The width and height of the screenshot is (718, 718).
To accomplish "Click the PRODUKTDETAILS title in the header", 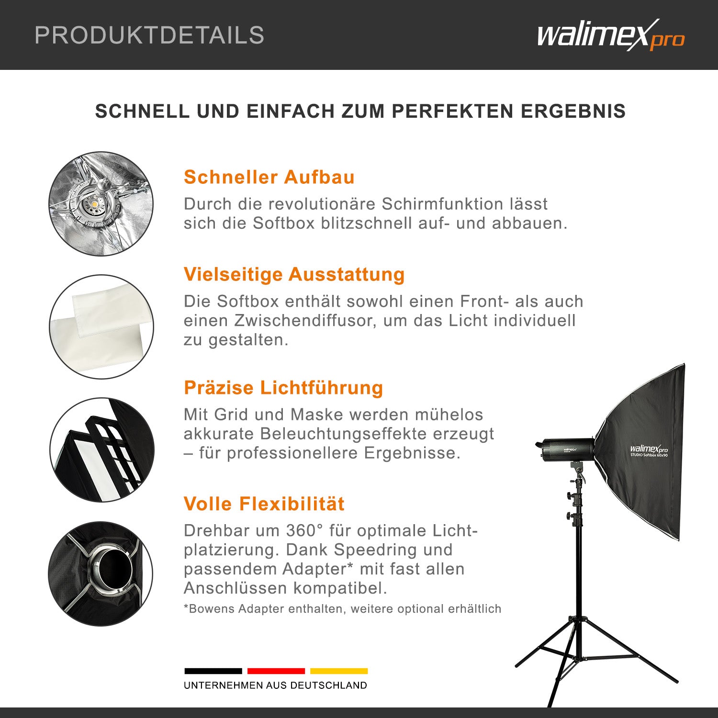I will [149, 35].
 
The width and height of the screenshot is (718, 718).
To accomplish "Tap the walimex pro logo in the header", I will [610, 35].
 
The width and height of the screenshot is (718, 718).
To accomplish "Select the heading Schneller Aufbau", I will [269, 177].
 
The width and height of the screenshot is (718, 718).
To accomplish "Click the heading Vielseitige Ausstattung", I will [294, 274].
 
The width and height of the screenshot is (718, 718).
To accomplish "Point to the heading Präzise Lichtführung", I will [283, 388].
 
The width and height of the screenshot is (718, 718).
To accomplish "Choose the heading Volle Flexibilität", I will [264, 504].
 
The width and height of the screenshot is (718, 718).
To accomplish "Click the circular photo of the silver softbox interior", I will [101, 204].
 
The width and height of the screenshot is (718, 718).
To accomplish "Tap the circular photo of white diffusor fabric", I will [101, 327].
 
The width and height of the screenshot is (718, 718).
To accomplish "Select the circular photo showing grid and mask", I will [101, 450].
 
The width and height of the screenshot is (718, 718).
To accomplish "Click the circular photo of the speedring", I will [101, 573].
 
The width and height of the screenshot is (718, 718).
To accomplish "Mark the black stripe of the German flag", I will [213, 671].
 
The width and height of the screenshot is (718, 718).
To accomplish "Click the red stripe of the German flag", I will [276, 671].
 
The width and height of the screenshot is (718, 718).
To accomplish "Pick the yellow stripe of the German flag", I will [339, 671].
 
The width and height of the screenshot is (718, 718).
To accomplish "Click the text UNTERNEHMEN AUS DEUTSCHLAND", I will [275, 685].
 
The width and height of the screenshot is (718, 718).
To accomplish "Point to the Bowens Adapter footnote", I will [342, 609].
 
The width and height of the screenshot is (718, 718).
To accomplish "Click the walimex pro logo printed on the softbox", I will [649, 449].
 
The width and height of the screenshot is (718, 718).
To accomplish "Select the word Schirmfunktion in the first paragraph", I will [464, 204].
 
